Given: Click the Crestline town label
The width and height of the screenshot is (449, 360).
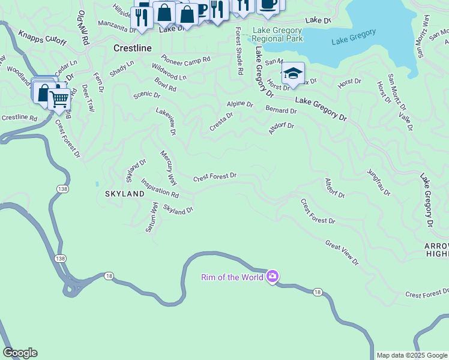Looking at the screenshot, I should pos(132,47).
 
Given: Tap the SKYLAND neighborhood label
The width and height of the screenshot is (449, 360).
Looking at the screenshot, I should pos(125,194).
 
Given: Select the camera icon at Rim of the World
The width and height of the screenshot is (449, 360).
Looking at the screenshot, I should pos(273,276).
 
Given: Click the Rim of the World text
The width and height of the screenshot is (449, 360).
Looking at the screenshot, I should pos(232,277).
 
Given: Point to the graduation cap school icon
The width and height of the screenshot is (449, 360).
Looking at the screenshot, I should pos(292,74).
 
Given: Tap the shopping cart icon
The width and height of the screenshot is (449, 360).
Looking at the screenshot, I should pos(59,99).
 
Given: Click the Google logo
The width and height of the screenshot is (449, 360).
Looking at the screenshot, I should pos(19,353).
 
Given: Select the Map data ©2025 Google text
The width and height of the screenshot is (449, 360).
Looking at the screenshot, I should pos(412,355).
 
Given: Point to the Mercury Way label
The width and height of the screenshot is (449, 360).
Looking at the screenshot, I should pos(169,167).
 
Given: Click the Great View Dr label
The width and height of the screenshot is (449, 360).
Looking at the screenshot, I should pos(342,253).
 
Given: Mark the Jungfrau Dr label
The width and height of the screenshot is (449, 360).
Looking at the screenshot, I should pos(379,182).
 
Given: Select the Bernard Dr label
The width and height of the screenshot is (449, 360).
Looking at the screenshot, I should pos(281,110).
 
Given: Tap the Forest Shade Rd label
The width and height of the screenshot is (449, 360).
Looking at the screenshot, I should pos(239,51).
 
